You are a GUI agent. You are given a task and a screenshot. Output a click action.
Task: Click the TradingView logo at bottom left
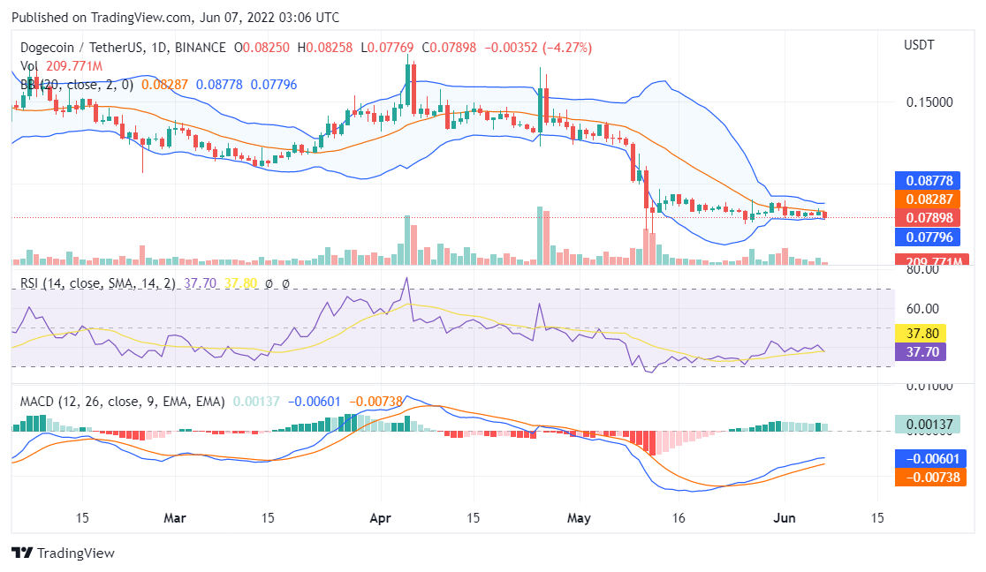pyautogui.click(x=63, y=553)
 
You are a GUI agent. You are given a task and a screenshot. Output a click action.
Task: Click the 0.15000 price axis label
pyautogui.click(x=929, y=102)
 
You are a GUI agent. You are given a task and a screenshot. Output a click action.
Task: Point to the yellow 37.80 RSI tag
pyautogui.click(x=921, y=334)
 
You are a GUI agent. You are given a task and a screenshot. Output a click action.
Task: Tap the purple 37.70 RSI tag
pyautogui.click(x=921, y=351)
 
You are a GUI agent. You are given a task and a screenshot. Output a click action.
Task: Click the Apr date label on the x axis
pyautogui.click(x=380, y=517)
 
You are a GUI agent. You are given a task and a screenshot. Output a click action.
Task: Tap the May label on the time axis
pyautogui.click(x=579, y=517)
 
